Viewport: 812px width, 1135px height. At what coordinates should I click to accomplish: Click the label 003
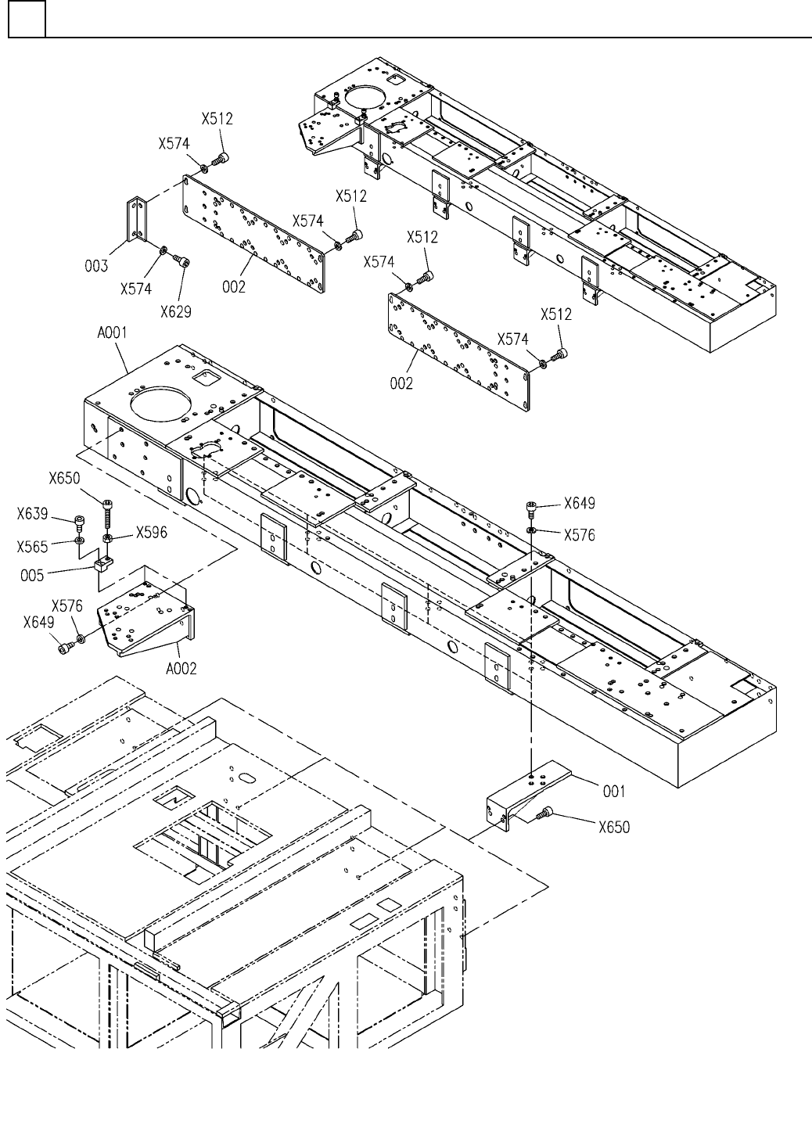96,266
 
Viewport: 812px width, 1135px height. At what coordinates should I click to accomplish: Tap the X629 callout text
176,311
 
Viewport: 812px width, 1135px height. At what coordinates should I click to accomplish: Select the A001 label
112,333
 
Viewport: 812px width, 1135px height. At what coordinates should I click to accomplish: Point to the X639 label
32,514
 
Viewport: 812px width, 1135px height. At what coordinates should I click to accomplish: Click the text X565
32,547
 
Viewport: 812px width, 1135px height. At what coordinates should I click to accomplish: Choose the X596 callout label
152,533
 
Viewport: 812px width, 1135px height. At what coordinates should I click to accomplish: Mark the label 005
32,576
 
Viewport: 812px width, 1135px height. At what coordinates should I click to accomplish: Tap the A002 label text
181,669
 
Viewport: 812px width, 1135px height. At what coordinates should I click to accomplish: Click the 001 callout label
614,791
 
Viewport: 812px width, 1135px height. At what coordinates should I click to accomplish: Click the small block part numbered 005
103,564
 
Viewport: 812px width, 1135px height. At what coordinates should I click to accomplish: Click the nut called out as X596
108,537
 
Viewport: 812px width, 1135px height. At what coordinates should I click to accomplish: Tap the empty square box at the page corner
27,19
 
